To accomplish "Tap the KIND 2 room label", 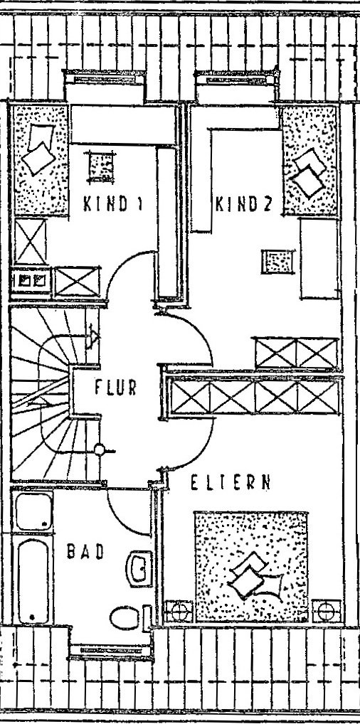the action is pos(243,203).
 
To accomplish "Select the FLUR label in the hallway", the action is pos(115,387).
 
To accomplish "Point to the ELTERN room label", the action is pos(230,482).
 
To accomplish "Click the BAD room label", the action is pos(85,551).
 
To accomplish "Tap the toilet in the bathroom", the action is pos(125,617).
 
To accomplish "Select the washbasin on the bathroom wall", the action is pos(139,568).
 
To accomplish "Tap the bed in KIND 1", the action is pos(39,159).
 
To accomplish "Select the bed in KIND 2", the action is pos(310,160).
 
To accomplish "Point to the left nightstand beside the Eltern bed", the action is pos(179,612).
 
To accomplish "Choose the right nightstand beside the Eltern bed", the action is pos(327,612).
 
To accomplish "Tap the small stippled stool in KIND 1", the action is pos(101,166).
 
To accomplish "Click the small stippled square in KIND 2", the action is pos(277,261).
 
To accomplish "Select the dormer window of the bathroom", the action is pos(110,650).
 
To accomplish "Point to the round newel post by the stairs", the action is pos(100,449).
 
